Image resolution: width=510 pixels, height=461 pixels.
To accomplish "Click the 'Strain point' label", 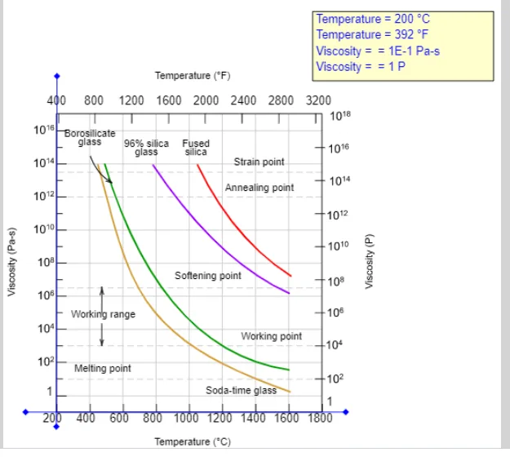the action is pyautogui.click(x=259, y=162).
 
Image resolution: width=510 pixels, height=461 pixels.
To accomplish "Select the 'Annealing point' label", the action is pyautogui.click(x=259, y=188).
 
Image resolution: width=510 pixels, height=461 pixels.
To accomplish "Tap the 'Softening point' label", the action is pyautogui.click(x=208, y=276).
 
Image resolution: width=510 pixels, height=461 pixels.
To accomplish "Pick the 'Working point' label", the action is pyautogui.click(x=271, y=336).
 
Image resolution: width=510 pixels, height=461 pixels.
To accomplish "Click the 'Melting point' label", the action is pyautogui.click(x=103, y=368).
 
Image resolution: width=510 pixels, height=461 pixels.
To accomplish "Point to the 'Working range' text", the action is pyautogui.click(x=103, y=314).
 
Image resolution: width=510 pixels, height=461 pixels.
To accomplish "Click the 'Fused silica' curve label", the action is pyautogui.click(x=196, y=148).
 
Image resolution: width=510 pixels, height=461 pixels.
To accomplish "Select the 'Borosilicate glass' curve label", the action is pyautogui.click(x=90, y=138).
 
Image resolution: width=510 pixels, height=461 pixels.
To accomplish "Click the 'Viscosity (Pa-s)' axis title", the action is pyautogui.click(x=11, y=262).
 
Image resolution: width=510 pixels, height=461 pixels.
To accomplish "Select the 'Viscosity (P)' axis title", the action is pyautogui.click(x=369, y=261).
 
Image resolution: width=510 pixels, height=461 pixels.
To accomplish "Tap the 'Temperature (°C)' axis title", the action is pyautogui.click(x=193, y=441).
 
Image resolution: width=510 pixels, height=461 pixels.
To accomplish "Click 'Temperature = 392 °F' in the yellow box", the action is pyautogui.click(x=372, y=34).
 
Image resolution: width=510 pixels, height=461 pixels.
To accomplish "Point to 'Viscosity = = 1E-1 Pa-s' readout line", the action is pyautogui.click(x=378, y=51).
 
